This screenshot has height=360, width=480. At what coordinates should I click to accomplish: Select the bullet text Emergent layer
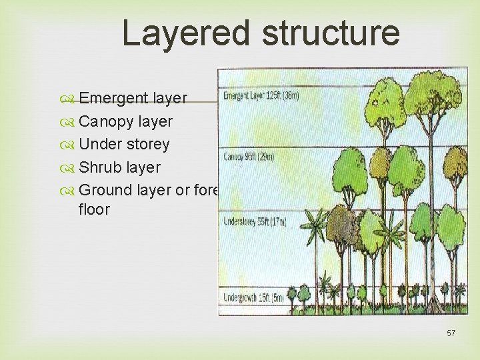(x=133, y=99)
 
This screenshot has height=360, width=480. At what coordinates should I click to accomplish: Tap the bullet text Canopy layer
(x=125, y=121)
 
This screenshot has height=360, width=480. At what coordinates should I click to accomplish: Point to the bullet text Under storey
(x=124, y=144)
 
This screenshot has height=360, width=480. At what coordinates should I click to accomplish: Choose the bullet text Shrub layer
(x=119, y=167)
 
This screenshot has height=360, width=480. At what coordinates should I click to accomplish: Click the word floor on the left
(x=94, y=209)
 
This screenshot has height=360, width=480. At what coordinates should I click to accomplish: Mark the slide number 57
(x=451, y=333)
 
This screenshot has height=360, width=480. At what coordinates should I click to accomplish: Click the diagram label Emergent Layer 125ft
(x=261, y=96)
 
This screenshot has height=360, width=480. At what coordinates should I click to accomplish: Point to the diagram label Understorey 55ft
(x=254, y=221)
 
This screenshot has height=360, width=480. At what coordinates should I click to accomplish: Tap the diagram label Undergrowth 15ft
(x=253, y=297)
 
